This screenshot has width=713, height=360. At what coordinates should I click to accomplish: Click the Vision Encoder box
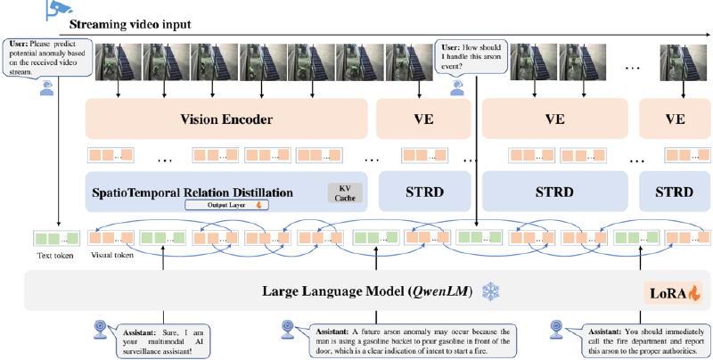225,119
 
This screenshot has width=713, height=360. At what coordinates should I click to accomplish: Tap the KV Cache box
340,191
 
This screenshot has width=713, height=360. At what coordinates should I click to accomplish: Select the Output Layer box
214,205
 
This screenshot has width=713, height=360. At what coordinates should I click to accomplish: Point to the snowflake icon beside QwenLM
491,290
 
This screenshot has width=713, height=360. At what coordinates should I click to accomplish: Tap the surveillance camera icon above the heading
54,10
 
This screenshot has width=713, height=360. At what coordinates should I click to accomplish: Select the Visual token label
113,255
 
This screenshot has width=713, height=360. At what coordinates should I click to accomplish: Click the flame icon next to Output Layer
257,205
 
